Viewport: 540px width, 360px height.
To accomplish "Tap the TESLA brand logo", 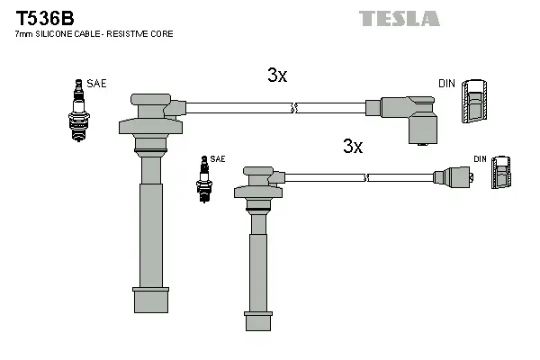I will (400, 18).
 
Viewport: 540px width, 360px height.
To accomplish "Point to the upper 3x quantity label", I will (277, 76).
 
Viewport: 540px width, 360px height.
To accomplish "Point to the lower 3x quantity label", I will (352, 147).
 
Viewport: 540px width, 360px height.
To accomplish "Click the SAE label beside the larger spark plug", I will (96, 84).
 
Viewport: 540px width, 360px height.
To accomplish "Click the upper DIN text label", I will (446, 84).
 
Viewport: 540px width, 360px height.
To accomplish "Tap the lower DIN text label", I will (480, 159).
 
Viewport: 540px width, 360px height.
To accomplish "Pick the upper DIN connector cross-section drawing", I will (474, 104).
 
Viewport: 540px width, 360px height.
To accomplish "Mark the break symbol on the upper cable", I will (293, 109).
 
